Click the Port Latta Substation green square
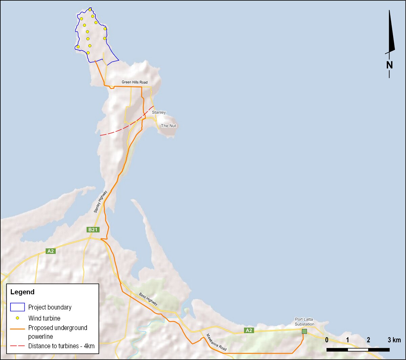[304, 332]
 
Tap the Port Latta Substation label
[304, 321]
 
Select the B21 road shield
[93, 230]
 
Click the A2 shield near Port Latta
[249, 331]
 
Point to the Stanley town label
[159, 112]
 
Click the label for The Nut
[168, 126]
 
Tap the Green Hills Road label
[135, 82]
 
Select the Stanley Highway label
[100, 202]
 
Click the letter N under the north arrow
[389, 64]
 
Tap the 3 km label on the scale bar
[394, 340]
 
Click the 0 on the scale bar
[327, 340]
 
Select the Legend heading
[22, 292]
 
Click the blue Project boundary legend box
[18, 307]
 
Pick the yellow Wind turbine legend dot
[17, 318]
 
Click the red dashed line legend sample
[18, 346]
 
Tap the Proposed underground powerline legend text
[58, 332]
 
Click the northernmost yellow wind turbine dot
[90, 10]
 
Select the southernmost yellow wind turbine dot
[88, 53]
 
